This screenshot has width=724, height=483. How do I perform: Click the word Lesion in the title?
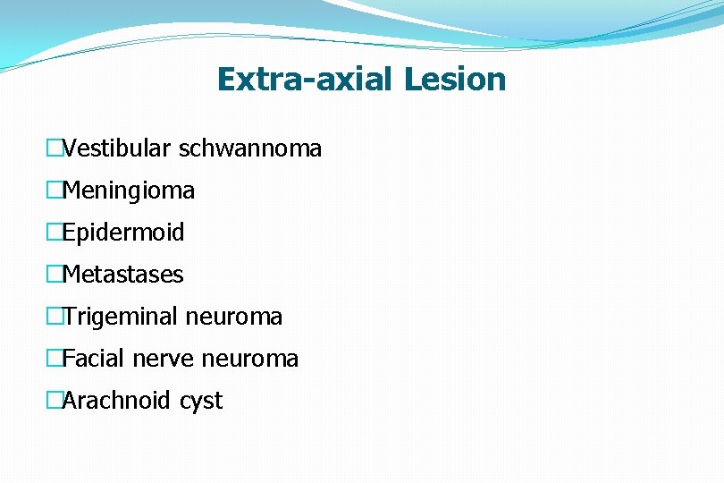[x=454, y=80]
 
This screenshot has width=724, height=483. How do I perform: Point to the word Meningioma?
[x=129, y=191]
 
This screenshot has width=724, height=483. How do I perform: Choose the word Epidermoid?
[x=123, y=233]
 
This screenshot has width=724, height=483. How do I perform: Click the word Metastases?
[x=123, y=275]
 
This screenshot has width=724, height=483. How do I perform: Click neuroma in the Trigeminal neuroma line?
[x=233, y=317]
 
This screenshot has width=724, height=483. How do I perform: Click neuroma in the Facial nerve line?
[x=250, y=359]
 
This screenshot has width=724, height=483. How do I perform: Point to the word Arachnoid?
[x=116, y=401]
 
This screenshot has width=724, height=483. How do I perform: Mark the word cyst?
[x=200, y=401]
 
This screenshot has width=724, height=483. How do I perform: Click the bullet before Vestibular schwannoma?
[x=55, y=148]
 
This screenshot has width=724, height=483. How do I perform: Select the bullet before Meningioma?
[x=55, y=191]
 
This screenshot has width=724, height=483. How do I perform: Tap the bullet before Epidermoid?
[x=55, y=233]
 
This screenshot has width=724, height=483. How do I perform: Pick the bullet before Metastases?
[x=55, y=275]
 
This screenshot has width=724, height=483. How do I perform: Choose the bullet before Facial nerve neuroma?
[x=55, y=359]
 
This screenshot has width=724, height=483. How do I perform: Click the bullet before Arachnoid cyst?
[x=55, y=401]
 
